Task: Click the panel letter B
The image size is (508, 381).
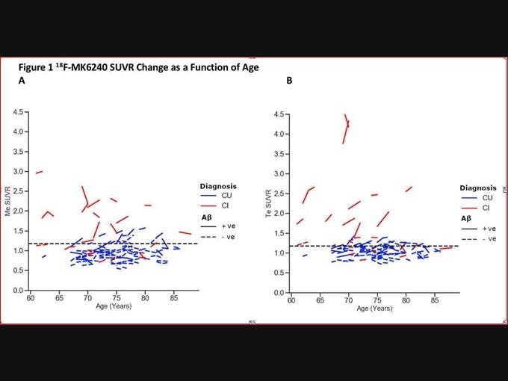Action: pyautogui.click(x=289, y=81)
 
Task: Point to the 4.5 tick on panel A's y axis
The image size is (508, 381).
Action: pyautogui.click(x=17, y=113)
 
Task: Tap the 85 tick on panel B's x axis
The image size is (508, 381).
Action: pyautogui.click(x=435, y=300)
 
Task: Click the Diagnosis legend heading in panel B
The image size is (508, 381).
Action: pyautogui.click(x=477, y=188)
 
